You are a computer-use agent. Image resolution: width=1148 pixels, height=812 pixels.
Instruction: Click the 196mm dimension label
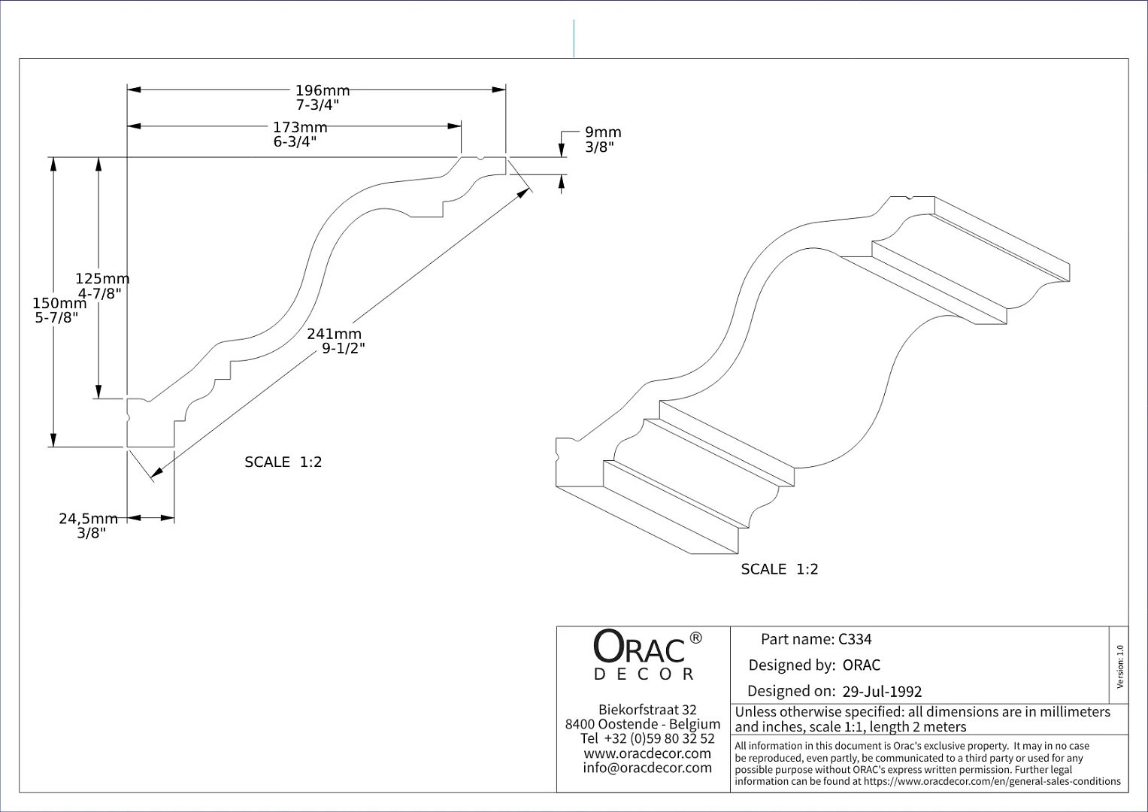[323, 91]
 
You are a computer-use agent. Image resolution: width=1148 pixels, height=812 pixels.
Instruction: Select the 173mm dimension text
[300, 127]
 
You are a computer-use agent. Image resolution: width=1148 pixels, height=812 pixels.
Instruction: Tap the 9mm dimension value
[603, 132]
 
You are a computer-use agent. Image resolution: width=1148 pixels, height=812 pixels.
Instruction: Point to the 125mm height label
[102, 279]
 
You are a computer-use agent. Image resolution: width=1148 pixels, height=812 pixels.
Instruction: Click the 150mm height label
[59, 304]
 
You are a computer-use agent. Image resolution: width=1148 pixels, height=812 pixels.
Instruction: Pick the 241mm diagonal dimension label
[334, 335]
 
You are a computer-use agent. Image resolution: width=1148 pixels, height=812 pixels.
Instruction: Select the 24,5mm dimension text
[88, 519]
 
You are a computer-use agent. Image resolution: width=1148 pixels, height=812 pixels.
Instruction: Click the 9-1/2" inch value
[344, 349]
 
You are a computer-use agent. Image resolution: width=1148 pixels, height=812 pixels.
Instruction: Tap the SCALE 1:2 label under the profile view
[283, 462]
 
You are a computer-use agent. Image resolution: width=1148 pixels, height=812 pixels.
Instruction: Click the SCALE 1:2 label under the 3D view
[780, 569]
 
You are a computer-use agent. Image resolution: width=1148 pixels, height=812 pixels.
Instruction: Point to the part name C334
[855, 639]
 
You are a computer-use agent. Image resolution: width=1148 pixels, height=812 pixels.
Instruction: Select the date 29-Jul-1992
[882, 692]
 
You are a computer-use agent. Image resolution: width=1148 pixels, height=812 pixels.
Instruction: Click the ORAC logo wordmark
[639, 647]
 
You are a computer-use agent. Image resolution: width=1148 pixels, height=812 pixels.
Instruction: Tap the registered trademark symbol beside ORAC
[695, 638]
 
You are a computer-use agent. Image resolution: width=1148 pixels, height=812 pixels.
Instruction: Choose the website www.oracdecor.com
[647, 753]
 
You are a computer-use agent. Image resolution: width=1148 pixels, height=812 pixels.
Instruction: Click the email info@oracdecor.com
[647, 768]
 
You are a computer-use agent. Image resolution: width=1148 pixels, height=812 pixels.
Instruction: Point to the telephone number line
[647, 738]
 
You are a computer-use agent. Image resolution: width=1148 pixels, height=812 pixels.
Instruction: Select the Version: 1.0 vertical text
[1120, 666]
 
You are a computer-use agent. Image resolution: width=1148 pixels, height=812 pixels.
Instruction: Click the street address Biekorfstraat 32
[648, 710]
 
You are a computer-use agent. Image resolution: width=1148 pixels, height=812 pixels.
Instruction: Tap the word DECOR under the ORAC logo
[644, 674]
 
